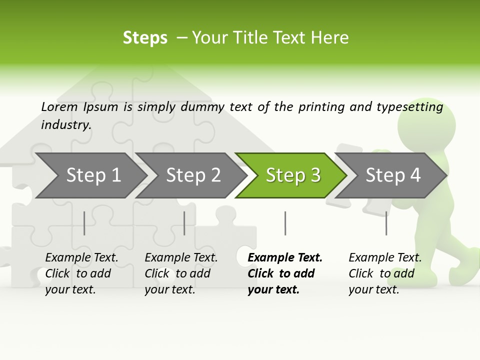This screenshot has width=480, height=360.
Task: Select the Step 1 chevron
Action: [92, 175]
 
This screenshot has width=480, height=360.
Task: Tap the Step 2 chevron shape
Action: [192, 175]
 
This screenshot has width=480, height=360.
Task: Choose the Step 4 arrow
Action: [392, 175]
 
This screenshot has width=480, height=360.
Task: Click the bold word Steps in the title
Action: [145, 37]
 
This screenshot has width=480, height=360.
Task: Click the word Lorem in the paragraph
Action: [59, 106]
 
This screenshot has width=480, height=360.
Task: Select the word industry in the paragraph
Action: [65, 124]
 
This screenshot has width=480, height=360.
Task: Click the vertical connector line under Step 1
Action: [84, 223]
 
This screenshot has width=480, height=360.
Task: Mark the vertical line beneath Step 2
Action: [184, 223]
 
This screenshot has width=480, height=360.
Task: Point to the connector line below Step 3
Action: [285, 223]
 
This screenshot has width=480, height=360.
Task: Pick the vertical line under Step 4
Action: [386, 223]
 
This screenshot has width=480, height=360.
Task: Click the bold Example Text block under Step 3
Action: [284, 273]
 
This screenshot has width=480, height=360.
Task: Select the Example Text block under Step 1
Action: [81, 273]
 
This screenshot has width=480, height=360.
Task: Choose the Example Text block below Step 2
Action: [181, 273]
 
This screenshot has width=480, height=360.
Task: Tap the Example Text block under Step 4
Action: [385, 273]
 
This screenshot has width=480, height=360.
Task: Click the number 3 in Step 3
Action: [315, 175]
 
